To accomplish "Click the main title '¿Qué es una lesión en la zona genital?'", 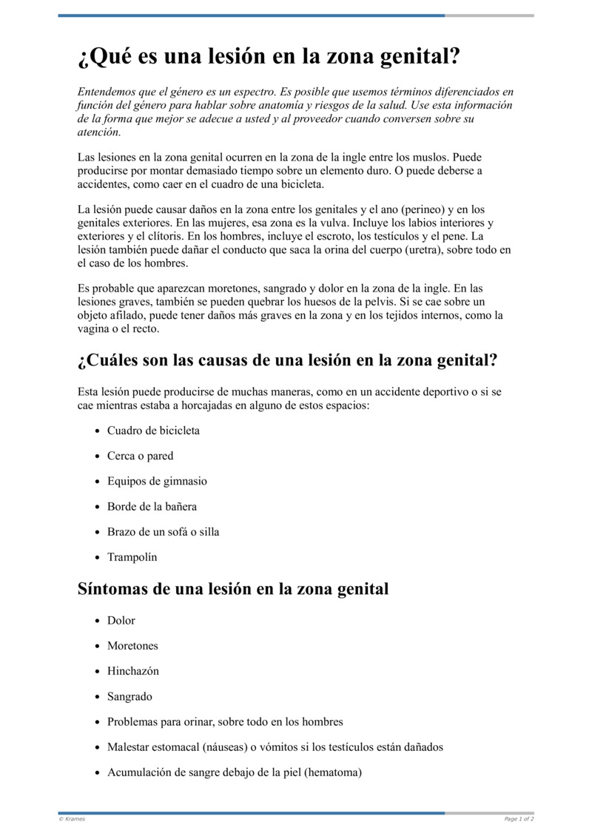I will pos(269,57).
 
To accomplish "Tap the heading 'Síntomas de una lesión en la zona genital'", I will pos(233,590).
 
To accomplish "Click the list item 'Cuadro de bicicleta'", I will pos(153,431).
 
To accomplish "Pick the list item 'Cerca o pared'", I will pos(140,456).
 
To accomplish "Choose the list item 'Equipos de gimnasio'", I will pos(157,481).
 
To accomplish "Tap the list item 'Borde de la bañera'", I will pos(152,507).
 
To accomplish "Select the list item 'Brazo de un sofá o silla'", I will pos(163,532).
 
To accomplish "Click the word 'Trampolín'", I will pos(132,557).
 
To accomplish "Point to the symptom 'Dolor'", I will pos(121,621).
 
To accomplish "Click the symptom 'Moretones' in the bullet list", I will pos(132,646).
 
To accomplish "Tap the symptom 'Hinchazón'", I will pos(133,671).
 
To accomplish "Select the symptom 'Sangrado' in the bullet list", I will pos(129,696).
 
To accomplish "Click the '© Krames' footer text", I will pos(72,819).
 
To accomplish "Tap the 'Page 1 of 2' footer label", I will pos(519,819).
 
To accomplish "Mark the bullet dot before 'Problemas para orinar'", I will pos(97,722).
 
